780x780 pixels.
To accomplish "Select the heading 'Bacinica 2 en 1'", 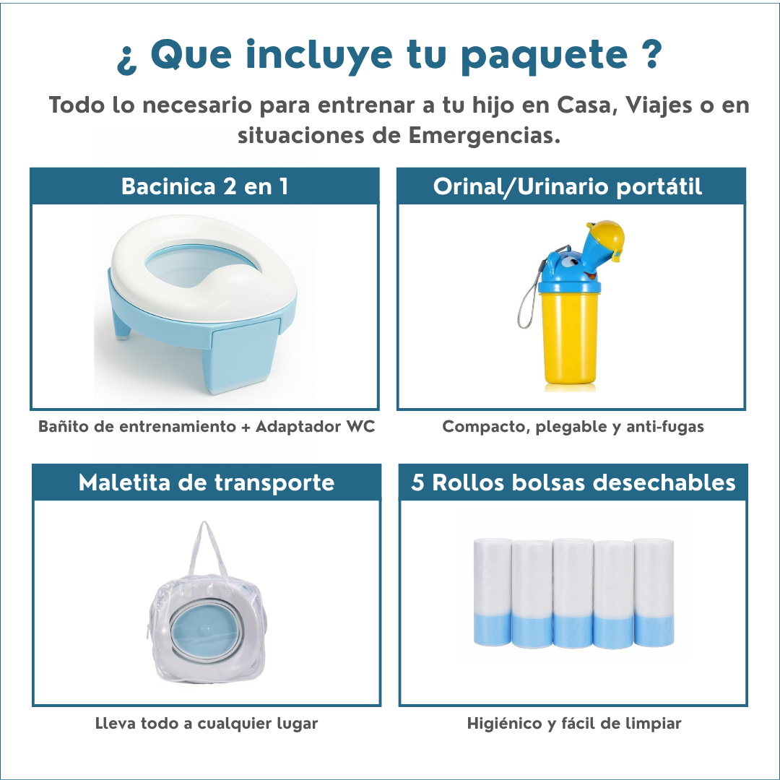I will click(204, 186).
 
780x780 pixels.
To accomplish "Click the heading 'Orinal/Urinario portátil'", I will click(568, 186).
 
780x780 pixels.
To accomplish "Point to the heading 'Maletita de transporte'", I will click(207, 482).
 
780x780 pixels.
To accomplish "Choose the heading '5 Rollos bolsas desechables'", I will click(573, 482).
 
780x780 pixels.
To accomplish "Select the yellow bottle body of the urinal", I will click(571, 339).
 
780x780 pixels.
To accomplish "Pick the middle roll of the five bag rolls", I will click(573, 592).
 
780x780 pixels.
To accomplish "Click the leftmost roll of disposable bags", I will click(493, 592).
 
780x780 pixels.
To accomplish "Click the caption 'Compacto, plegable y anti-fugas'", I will click(573, 427).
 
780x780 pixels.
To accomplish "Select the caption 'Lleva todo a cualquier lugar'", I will click(207, 723).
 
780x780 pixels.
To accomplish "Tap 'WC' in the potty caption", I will click(360, 427).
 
